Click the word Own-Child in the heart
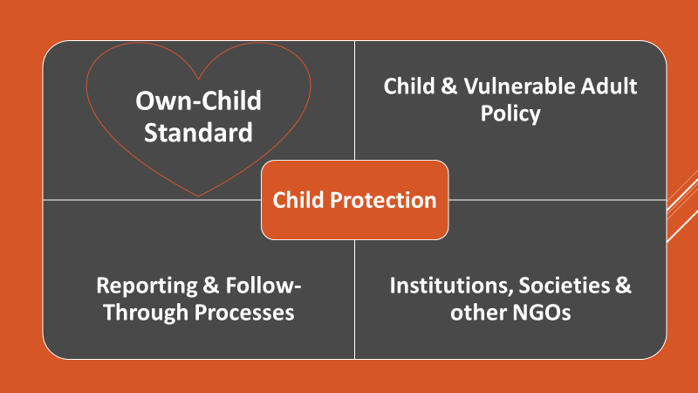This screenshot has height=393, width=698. pyautogui.click(x=199, y=100)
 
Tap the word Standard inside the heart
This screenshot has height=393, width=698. pyautogui.click(x=199, y=133)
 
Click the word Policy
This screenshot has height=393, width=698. pyautogui.click(x=510, y=114)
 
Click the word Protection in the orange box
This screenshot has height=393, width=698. pyautogui.click(x=383, y=200)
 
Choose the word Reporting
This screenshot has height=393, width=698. pyautogui.click(x=147, y=286)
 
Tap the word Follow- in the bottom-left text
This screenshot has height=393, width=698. pyautogui.click(x=263, y=286)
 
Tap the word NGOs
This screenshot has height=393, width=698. pyautogui.click(x=541, y=313)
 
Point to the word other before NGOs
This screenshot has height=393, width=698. pyautogui.click(x=478, y=313)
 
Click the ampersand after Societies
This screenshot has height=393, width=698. pyautogui.click(x=623, y=286)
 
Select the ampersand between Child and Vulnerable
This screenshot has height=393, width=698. pyautogui.click(x=449, y=86)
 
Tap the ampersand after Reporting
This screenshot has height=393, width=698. pyautogui.click(x=211, y=286)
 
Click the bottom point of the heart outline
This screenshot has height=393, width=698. pyautogui.click(x=199, y=196)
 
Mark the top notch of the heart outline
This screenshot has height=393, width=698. pyautogui.click(x=199, y=79)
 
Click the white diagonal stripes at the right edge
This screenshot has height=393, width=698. pyautogui.click(x=682, y=206)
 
